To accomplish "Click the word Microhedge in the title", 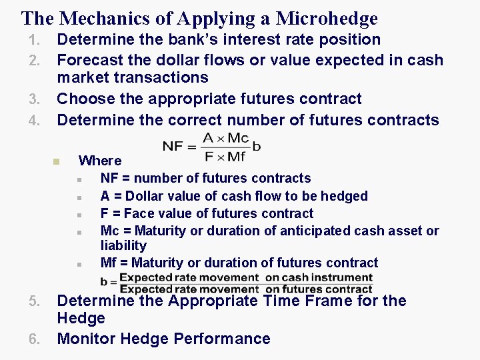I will [x=327, y=19].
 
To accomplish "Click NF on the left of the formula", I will [x=173, y=146].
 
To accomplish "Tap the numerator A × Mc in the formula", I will [x=226, y=138].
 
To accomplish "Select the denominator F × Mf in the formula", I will [x=226, y=157].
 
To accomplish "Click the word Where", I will [x=100, y=161].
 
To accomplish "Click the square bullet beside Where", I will [x=57, y=161].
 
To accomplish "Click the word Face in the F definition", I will [x=139, y=213].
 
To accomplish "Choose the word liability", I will [x=123, y=246].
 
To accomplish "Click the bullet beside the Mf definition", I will [x=79, y=264].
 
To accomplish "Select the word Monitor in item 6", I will [x=86, y=339].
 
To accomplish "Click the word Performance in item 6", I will [x=222, y=339].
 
